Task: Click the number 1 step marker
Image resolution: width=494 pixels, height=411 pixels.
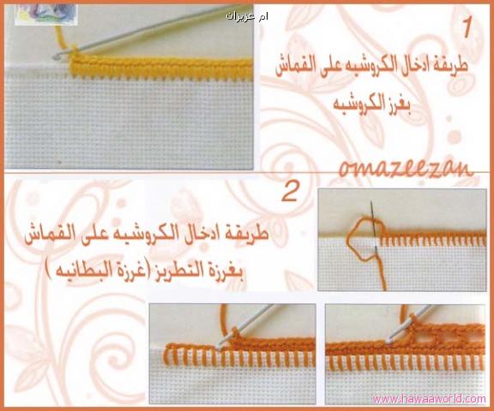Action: click(467, 27)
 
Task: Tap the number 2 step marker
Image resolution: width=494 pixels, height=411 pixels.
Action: click(290, 192)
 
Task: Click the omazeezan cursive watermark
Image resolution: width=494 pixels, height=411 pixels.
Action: click(407, 169)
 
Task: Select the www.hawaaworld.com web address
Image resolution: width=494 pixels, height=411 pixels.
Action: click(429, 399)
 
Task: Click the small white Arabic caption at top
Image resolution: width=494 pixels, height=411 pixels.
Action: click(247, 16)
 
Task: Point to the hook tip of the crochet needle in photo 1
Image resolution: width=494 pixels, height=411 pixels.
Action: click(56, 57)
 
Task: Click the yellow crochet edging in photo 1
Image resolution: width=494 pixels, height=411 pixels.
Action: click(161, 67)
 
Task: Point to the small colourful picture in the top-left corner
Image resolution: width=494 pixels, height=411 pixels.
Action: click(46, 15)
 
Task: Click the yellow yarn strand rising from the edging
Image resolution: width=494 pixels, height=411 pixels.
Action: click(62, 39)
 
